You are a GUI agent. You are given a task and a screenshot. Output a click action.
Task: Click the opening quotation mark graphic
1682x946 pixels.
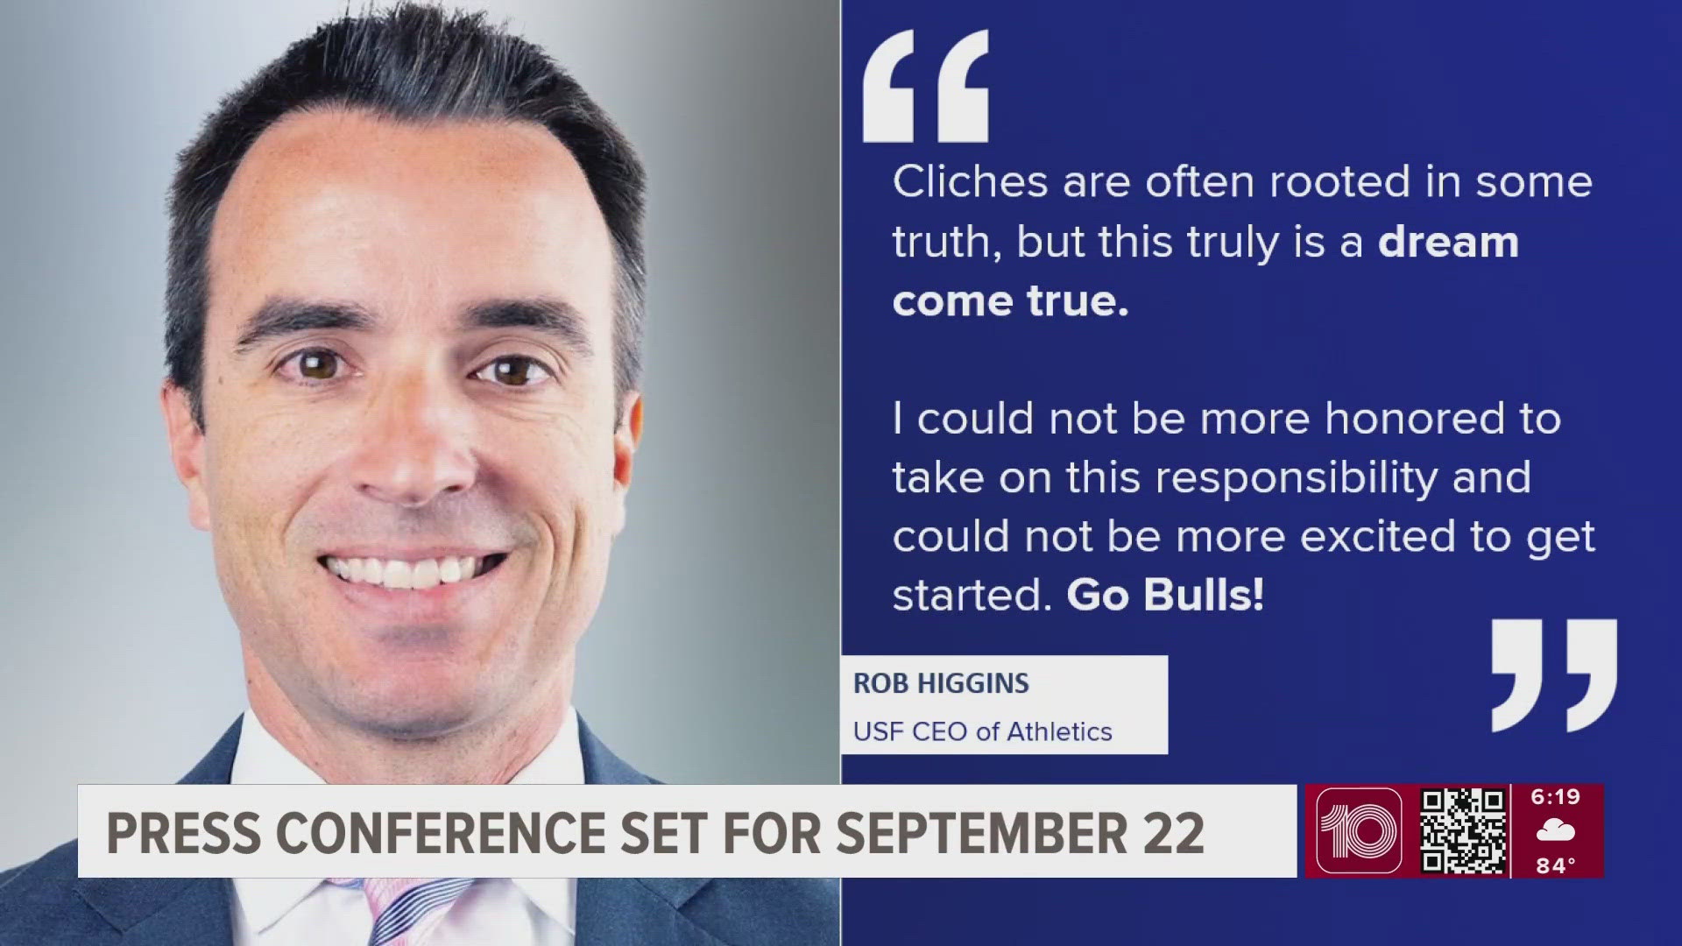(x=926, y=86)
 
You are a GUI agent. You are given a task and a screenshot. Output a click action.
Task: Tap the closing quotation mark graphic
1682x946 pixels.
(x=1554, y=675)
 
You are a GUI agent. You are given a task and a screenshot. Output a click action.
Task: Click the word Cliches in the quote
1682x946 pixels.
(x=971, y=182)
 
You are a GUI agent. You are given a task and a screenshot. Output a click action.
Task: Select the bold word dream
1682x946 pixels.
(x=1448, y=242)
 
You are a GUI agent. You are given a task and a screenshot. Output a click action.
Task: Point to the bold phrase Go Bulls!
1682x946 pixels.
(x=1165, y=596)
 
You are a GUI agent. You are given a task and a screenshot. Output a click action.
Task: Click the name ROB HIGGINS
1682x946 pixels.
(x=941, y=683)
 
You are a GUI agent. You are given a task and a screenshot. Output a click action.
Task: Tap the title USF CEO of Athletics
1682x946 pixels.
(x=982, y=731)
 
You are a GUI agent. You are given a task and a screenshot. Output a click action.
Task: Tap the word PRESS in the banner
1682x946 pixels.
(x=183, y=832)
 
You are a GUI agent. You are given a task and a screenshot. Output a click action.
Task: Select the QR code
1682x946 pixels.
(x=1463, y=830)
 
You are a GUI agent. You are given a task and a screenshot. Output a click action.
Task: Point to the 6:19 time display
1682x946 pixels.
(x=1556, y=797)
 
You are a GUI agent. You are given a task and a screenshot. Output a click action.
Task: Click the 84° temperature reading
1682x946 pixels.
(x=1556, y=865)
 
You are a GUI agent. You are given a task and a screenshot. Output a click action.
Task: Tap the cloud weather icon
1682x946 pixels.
(x=1556, y=830)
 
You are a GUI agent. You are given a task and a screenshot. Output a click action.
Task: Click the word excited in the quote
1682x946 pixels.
(x=1377, y=537)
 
